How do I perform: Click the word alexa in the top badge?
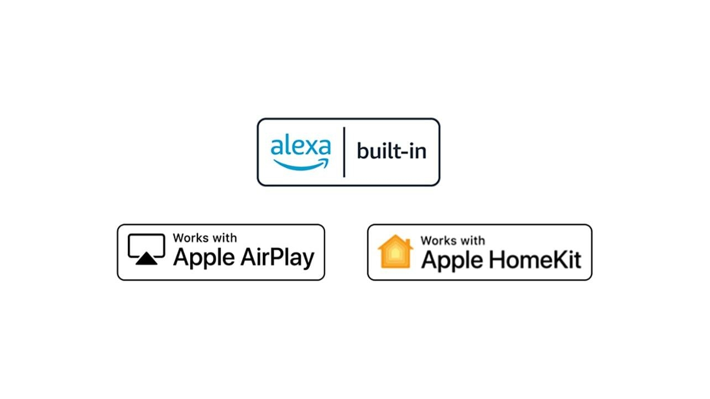click(300, 147)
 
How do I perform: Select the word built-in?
click(391, 151)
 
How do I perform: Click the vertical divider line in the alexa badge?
click(344, 152)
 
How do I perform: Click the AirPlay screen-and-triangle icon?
click(147, 249)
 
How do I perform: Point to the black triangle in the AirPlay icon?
click(147, 259)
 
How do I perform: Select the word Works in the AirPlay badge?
click(190, 238)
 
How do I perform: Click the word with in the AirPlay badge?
click(224, 238)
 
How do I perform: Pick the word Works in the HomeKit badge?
click(438, 240)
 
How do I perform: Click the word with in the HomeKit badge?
click(472, 240)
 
